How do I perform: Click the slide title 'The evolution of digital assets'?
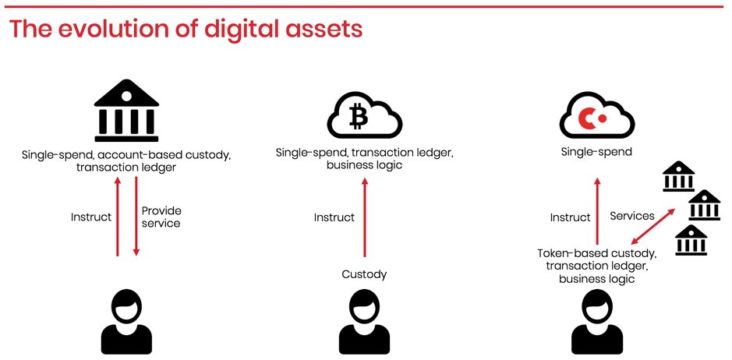(186, 29)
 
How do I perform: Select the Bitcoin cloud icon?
(364, 117)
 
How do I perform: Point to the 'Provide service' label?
(161, 217)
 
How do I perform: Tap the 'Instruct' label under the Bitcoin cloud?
(334, 217)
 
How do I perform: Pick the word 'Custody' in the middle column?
(364, 274)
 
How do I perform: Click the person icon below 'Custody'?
(364, 321)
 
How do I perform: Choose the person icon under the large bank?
(126, 321)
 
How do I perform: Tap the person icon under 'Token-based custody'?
(596, 321)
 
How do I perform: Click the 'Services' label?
(631, 215)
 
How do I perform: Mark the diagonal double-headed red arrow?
(652, 225)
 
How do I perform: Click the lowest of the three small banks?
(691, 240)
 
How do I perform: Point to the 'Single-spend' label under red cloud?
(596, 151)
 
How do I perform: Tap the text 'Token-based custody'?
(596, 253)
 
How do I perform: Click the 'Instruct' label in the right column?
(570, 217)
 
